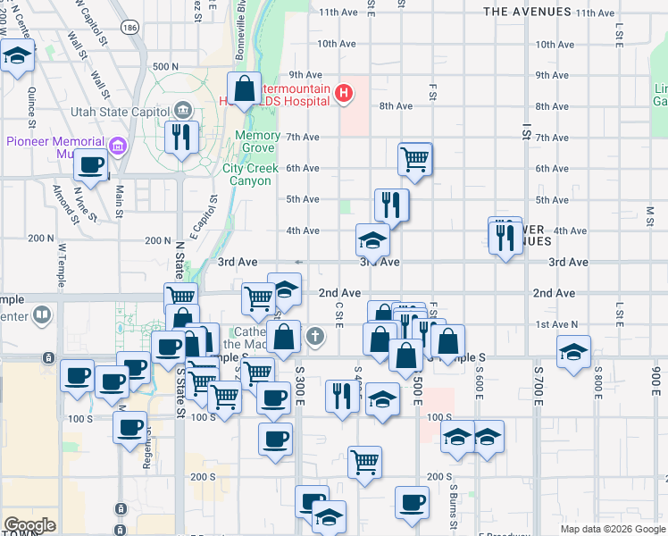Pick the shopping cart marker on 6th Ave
coord(414,159)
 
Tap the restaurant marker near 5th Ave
coord(391,205)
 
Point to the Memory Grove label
coord(257,141)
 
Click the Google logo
coord(29,525)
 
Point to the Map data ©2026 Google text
coord(614,529)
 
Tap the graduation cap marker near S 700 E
coord(573,351)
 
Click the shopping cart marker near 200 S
coord(364,463)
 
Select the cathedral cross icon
coord(313,336)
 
